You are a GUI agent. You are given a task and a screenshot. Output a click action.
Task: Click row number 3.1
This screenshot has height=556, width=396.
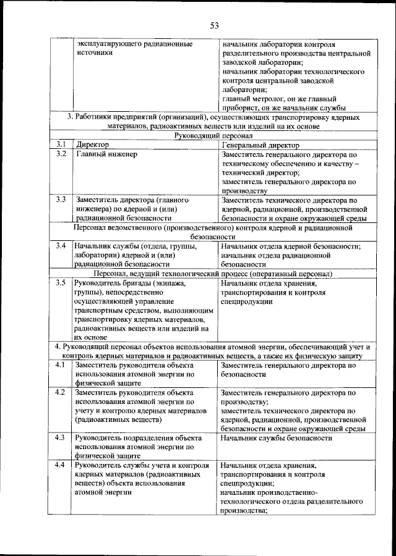[60, 145]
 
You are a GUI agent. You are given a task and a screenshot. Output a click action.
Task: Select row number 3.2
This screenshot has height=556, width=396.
[60, 154]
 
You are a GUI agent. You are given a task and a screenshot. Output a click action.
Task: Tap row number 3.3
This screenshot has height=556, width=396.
[60, 200]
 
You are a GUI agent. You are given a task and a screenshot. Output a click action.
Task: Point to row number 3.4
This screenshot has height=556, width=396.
[60, 246]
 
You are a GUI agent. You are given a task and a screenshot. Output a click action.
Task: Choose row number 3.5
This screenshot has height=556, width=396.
[60, 284]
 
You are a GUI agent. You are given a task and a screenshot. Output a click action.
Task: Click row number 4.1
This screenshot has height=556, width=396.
[60, 365]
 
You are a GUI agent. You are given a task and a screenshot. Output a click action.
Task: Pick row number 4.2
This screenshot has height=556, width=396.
[60, 392]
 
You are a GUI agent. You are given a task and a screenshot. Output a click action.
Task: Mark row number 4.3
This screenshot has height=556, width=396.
[60, 438]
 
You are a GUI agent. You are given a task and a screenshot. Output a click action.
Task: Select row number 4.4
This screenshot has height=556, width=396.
[60, 465]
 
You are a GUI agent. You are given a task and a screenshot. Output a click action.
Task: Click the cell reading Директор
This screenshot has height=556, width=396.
[92, 145]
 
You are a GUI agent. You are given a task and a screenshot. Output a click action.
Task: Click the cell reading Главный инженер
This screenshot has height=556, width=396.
[106, 154]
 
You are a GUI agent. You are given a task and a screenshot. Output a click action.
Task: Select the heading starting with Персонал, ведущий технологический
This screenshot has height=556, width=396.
[214, 273]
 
